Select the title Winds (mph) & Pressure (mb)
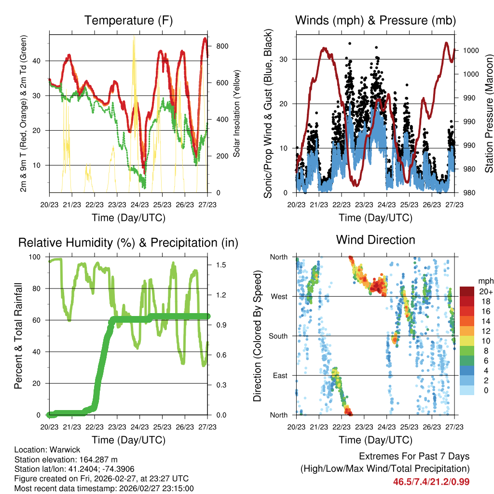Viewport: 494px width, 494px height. pyautogui.click(x=375, y=20)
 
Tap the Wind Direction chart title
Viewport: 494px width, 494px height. pyautogui.click(x=375, y=240)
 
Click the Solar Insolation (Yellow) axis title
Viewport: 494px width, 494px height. pyautogui.click(x=237, y=113)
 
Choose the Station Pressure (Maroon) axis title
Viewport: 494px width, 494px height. pyautogui.click(x=488, y=114)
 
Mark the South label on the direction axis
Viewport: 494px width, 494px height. pyautogui.click(x=277, y=336)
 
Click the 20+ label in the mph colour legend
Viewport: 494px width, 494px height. pyautogui.click(x=486, y=291)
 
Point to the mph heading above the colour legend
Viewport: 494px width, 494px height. pyautogui.click(x=485, y=281)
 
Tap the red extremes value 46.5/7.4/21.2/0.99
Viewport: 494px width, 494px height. pyautogui.click(x=431, y=481)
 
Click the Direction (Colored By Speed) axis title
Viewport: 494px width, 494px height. pyautogui.click(x=257, y=336)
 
